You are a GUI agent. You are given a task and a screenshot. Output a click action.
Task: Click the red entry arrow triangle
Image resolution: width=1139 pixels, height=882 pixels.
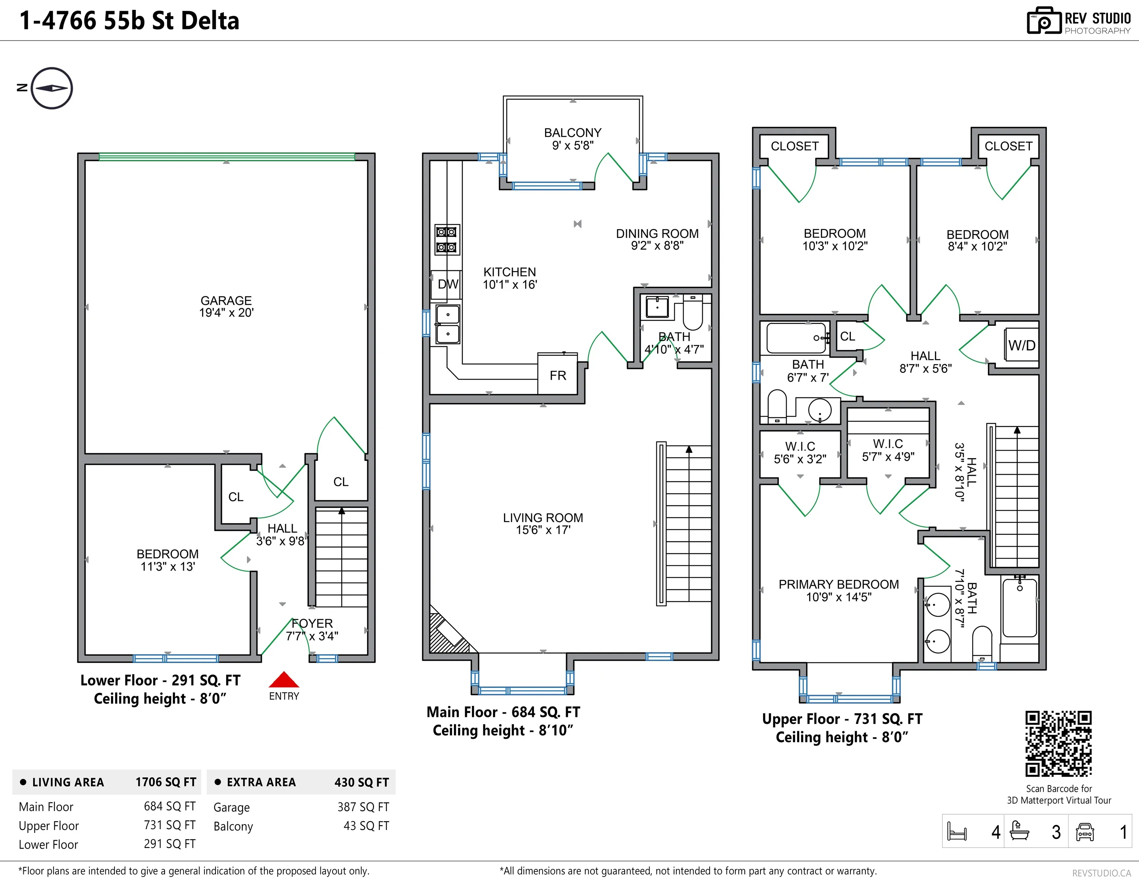tap(284, 679)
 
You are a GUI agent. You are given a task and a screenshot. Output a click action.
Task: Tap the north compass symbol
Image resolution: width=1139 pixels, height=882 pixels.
tap(52, 88)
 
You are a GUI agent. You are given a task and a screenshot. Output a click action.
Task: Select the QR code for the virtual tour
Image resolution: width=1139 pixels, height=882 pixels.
tap(1058, 744)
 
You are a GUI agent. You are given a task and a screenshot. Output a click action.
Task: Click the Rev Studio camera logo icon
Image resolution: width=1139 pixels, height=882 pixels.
tap(1044, 21)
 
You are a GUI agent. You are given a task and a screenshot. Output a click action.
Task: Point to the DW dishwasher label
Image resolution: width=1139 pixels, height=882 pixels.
tap(447, 284)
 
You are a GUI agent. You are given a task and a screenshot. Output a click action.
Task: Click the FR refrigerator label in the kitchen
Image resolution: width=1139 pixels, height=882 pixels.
tap(558, 376)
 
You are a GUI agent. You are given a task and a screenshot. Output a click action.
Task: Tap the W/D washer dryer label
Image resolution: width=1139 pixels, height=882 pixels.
tap(1022, 345)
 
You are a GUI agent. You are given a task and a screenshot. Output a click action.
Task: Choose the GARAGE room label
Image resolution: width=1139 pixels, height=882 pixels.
tap(226, 301)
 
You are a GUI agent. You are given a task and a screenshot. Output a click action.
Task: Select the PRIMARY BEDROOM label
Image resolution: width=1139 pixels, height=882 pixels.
tap(839, 584)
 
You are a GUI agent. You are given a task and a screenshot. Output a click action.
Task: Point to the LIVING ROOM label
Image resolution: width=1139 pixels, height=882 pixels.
tap(543, 518)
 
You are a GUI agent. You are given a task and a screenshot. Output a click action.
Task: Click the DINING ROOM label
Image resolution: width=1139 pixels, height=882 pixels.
tap(657, 234)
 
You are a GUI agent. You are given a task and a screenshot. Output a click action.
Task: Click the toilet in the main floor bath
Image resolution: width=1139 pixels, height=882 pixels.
tap(693, 312)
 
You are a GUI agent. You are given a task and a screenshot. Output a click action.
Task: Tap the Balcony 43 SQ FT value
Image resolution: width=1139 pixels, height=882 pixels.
tap(366, 826)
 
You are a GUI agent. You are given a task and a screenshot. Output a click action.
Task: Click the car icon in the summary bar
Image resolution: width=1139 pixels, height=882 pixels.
tap(1085, 831)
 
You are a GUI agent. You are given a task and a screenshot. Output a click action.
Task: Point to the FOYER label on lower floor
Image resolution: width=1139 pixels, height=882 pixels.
tap(312, 623)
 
